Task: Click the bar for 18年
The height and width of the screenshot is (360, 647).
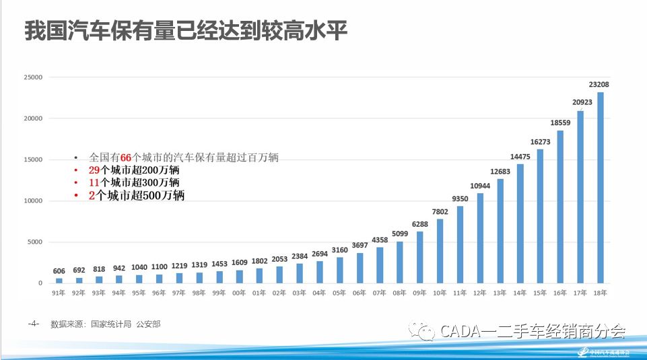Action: (x=601, y=188)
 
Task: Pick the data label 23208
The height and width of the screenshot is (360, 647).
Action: (x=599, y=85)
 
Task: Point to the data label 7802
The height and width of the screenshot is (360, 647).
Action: (x=439, y=211)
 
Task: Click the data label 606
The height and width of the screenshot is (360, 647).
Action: (x=59, y=271)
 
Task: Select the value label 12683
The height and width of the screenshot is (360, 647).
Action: (x=500, y=171)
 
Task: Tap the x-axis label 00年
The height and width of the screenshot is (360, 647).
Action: (x=238, y=293)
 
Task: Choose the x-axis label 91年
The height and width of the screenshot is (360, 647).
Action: (x=59, y=293)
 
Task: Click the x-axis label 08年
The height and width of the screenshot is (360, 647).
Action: (x=399, y=293)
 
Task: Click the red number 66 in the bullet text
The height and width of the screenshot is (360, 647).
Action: (x=127, y=157)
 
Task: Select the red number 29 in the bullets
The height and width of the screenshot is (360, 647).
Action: (x=94, y=170)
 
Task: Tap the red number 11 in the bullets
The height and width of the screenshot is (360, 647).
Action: (x=94, y=183)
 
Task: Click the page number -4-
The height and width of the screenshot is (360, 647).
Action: (x=34, y=324)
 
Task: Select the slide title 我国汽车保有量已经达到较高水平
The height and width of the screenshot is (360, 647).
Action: (x=186, y=32)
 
